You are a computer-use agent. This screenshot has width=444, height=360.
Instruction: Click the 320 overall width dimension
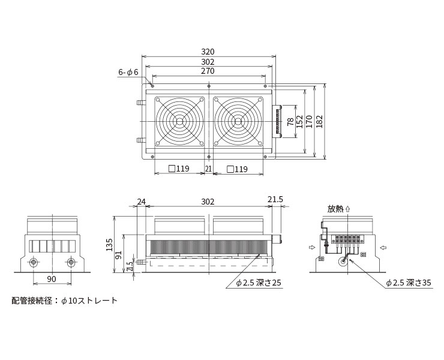(x=208, y=52)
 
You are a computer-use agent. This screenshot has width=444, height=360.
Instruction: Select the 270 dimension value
(x=208, y=71)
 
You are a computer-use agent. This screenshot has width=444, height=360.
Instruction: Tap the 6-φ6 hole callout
(x=128, y=73)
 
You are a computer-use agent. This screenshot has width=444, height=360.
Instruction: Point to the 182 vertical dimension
(x=319, y=121)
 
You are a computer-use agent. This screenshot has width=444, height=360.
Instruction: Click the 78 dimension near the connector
(x=290, y=122)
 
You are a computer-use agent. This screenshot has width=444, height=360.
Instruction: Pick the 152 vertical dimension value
(x=299, y=121)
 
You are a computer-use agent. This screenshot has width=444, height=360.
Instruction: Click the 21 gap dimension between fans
(x=208, y=169)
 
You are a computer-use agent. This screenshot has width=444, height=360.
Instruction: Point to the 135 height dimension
(x=109, y=245)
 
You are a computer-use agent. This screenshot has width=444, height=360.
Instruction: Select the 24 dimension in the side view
(x=141, y=202)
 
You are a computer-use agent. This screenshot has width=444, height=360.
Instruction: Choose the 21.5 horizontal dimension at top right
(x=275, y=199)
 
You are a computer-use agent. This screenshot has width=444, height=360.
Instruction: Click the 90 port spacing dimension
(x=52, y=279)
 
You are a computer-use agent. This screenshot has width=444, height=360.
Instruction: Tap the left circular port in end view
(x=34, y=263)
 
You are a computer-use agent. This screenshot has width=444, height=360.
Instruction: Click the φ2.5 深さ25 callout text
(x=259, y=283)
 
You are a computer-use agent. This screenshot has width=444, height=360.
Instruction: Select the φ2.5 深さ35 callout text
(x=409, y=283)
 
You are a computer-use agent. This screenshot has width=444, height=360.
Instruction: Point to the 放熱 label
(x=335, y=209)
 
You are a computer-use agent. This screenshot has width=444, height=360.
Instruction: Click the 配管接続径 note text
(x=32, y=301)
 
